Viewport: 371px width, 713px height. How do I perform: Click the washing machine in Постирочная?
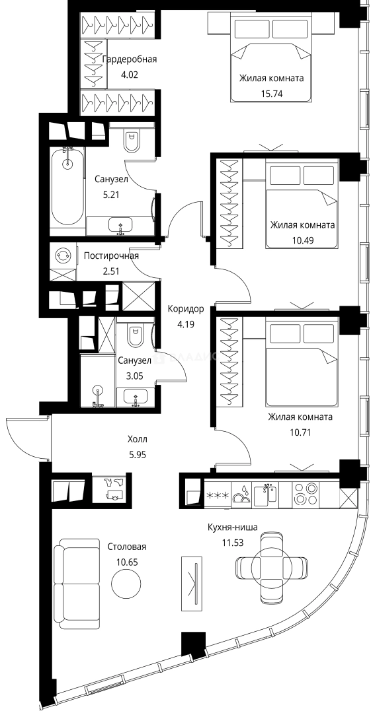point(63,255)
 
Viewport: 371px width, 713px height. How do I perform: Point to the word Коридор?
point(186,309)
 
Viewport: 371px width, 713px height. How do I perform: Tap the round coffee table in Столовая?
point(126,583)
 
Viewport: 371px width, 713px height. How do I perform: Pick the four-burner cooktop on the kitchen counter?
point(306,494)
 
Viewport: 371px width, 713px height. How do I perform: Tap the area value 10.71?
point(300,433)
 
